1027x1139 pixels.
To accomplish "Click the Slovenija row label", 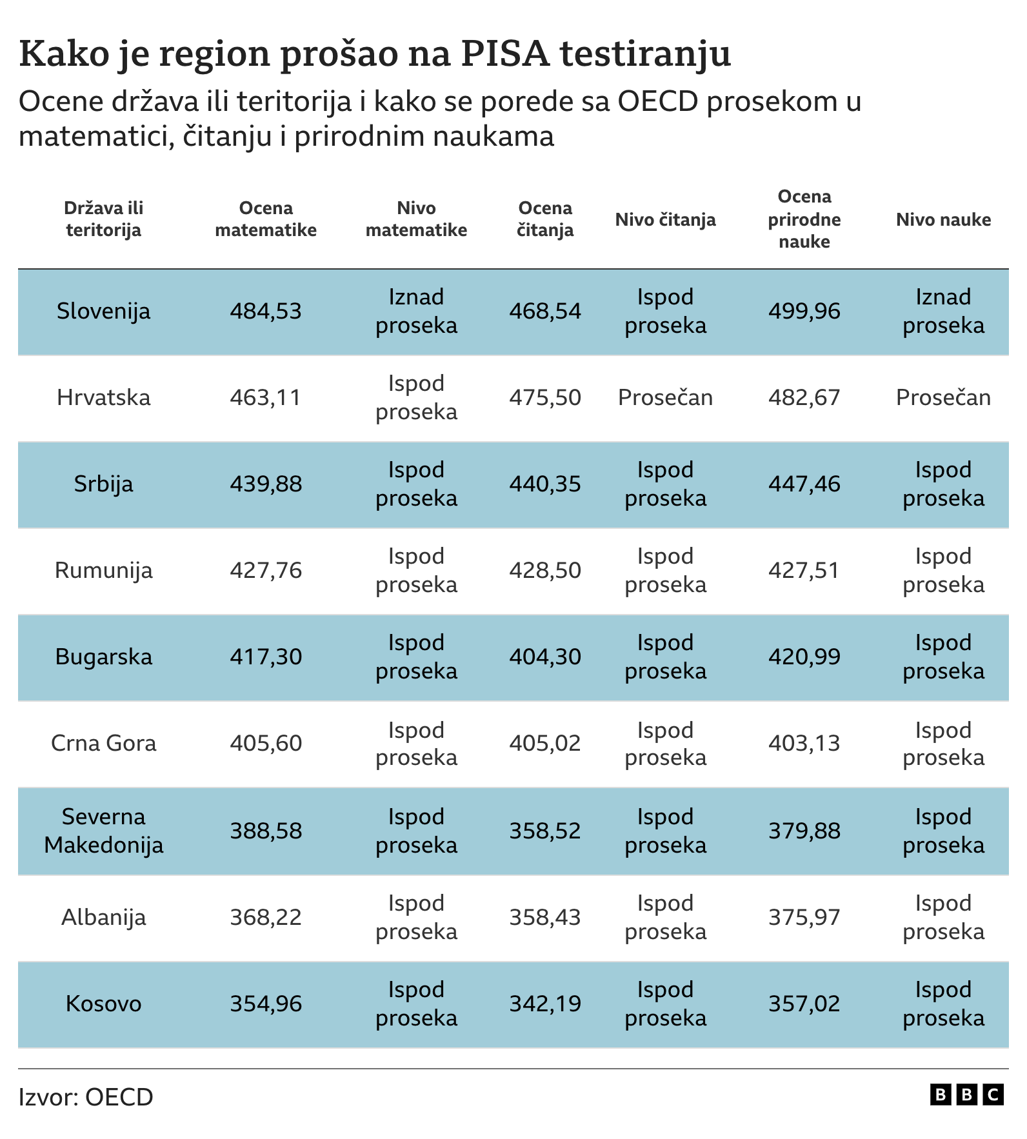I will [x=103, y=311].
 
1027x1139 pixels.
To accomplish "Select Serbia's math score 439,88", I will [x=266, y=484].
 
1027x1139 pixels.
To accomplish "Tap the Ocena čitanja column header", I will [x=545, y=219].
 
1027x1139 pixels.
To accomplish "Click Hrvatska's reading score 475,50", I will [x=545, y=397].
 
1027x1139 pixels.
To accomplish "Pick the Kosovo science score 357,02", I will [x=804, y=1004].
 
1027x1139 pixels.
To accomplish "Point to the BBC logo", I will [x=966, y=1094].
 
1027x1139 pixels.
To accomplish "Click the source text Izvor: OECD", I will [x=86, y=1096].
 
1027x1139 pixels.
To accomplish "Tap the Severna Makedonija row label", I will [x=103, y=831].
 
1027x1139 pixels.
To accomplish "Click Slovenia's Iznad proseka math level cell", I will [x=416, y=311].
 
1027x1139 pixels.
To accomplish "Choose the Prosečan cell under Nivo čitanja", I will [x=665, y=397].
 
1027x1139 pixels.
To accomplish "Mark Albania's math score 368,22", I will [x=266, y=917].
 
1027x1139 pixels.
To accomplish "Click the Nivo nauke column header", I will [x=943, y=219].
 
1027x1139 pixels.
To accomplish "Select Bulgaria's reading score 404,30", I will [x=545, y=657].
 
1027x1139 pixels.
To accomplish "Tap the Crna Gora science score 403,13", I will [x=804, y=743].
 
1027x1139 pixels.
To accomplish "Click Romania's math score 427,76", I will [x=266, y=570].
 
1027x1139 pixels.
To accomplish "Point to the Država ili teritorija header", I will [x=103, y=219].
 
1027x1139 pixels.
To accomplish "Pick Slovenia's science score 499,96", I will [x=804, y=311].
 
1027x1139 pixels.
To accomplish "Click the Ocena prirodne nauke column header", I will [x=804, y=219].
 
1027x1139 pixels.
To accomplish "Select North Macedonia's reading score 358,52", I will [x=545, y=831].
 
